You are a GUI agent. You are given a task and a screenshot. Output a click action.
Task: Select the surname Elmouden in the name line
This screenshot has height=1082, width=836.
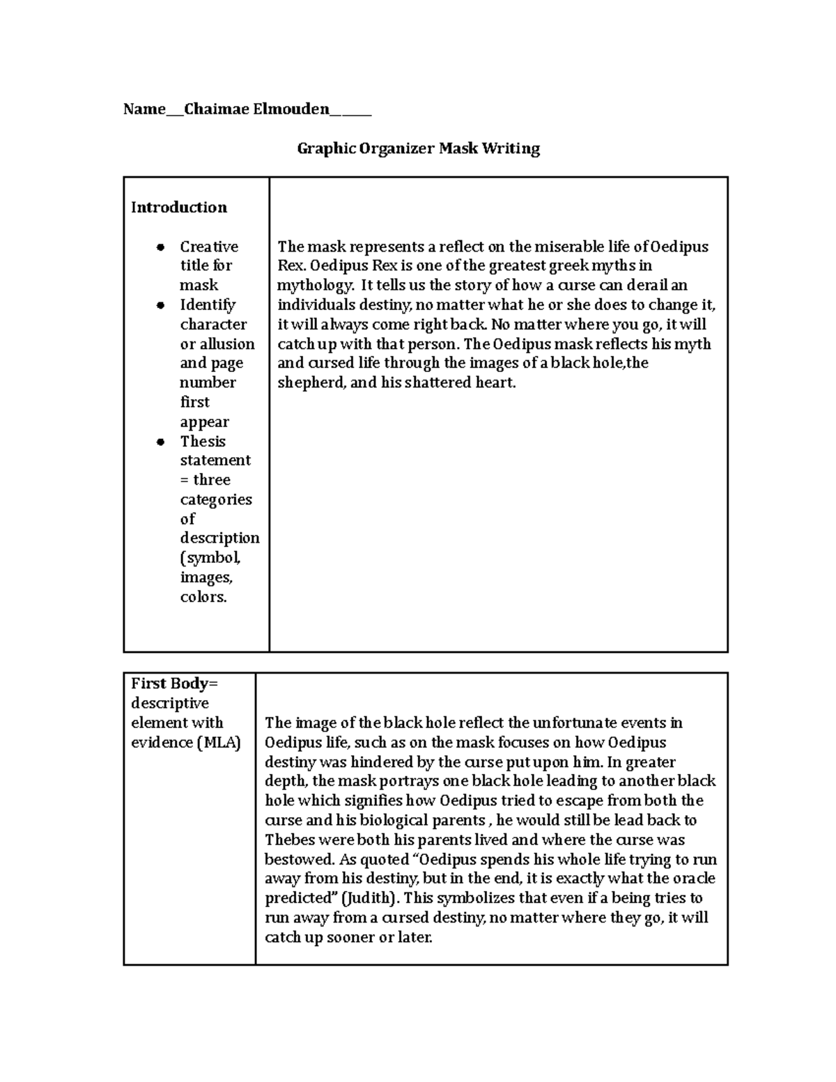click(291, 109)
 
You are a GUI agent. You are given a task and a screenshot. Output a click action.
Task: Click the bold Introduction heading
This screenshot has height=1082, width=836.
click(179, 208)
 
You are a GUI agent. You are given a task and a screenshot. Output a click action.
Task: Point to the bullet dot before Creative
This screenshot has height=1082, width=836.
click(161, 247)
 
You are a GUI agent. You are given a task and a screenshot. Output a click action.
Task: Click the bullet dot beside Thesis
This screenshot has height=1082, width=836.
click(161, 442)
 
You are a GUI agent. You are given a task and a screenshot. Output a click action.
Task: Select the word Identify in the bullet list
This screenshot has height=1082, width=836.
click(208, 305)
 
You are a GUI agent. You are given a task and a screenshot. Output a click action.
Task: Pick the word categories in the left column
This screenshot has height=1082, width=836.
click(216, 500)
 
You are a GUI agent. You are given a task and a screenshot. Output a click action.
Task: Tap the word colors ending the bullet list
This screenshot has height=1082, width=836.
click(203, 597)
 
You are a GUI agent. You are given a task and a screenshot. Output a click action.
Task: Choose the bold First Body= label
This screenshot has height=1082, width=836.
click(175, 683)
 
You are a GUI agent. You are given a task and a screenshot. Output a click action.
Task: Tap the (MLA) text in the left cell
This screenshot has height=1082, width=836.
click(218, 743)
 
